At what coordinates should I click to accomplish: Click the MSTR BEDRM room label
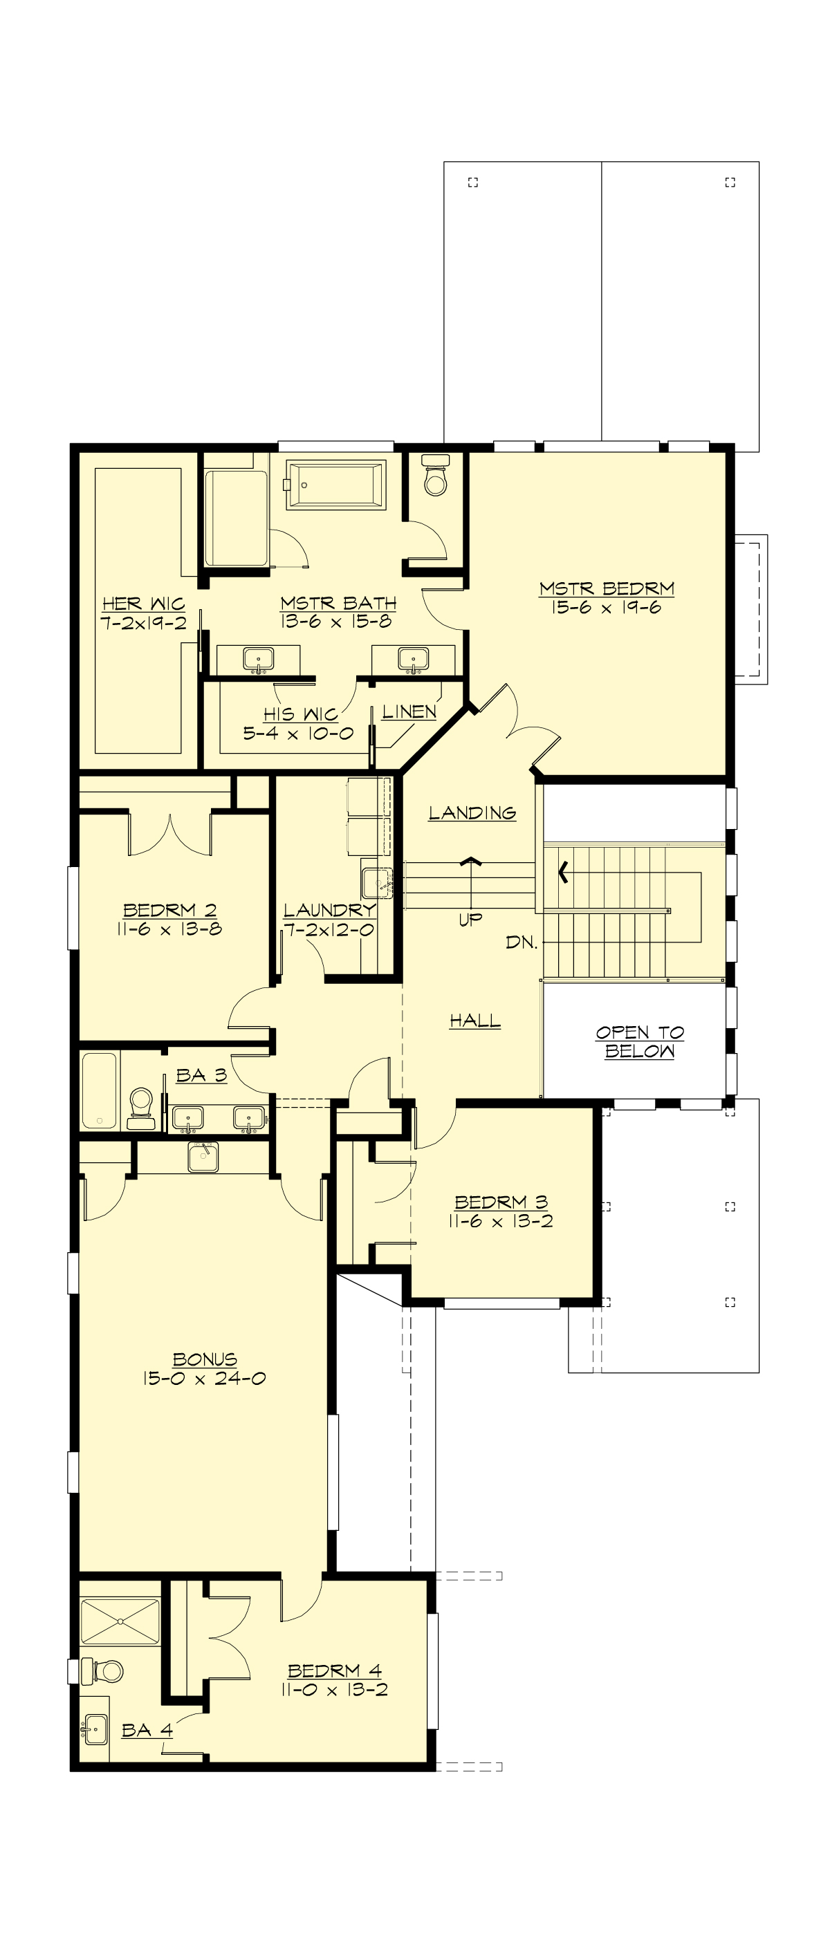(606, 588)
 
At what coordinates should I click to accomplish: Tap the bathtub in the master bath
(336, 485)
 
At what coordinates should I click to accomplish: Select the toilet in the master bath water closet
(435, 477)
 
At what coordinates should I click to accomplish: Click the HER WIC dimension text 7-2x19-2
(144, 623)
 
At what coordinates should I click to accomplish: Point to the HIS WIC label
(300, 714)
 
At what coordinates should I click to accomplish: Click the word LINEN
(408, 711)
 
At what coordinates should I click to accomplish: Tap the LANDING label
(472, 812)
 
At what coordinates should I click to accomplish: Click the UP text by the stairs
(470, 919)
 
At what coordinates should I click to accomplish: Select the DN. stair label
(521, 942)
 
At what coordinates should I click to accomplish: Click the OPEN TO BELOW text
(640, 1042)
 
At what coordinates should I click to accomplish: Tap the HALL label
(474, 1021)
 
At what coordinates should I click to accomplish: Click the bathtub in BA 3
(99, 1090)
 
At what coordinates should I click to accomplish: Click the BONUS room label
(205, 1359)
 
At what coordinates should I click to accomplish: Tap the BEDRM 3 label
(501, 1202)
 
